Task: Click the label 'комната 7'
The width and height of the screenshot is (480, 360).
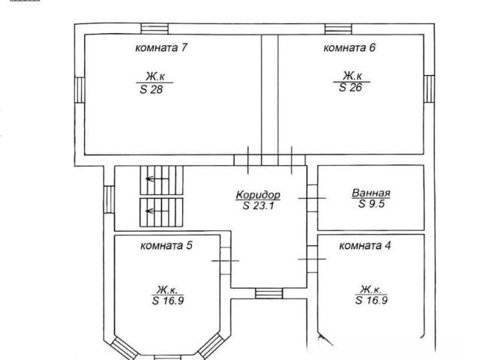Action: pyautogui.click(x=161, y=48)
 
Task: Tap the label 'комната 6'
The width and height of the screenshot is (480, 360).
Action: pyautogui.click(x=349, y=48)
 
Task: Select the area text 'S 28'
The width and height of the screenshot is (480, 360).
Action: pyautogui.click(x=151, y=89)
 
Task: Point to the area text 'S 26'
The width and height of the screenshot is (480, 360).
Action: pyautogui.click(x=350, y=88)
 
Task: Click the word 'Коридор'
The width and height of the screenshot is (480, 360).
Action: pyautogui.click(x=258, y=195)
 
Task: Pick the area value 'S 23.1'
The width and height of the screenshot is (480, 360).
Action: pyautogui.click(x=259, y=205)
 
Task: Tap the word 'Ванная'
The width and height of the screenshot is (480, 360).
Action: pyautogui.click(x=371, y=193)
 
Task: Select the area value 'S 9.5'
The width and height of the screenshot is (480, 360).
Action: pyautogui.click(x=371, y=203)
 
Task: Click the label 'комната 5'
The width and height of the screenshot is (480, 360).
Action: pyautogui.click(x=166, y=245)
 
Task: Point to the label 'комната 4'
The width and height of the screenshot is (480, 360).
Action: pyautogui.click(x=365, y=245)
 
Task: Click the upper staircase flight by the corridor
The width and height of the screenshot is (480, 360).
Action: pyautogui.click(x=162, y=180)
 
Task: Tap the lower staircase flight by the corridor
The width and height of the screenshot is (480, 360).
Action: pyautogui.click(x=161, y=212)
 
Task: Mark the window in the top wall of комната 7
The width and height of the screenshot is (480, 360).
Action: pyautogui.click(x=154, y=28)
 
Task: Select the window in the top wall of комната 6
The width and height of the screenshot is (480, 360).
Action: pyautogui.click(x=338, y=28)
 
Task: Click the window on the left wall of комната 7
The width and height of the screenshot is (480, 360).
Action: pyautogui.click(x=79, y=90)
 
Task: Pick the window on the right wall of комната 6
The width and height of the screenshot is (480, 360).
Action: pyautogui.click(x=429, y=88)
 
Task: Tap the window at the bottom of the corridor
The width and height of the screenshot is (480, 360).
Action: pyautogui.click(x=269, y=293)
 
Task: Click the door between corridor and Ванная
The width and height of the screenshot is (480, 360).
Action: pyautogui.click(x=312, y=198)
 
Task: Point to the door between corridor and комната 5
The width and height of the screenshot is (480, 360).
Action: pyautogui.click(x=225, y=261)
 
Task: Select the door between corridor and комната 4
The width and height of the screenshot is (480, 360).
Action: pyautogui.click(x=312, y=259)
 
